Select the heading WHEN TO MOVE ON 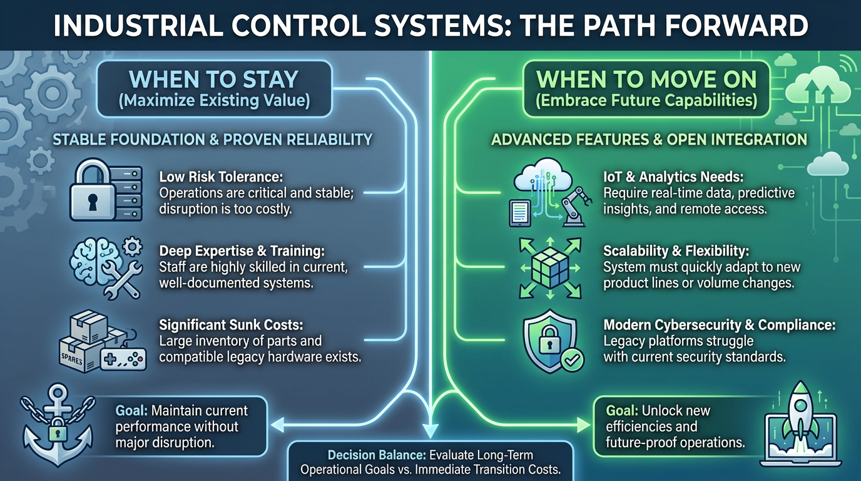coord(647,80)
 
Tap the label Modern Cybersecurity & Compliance coord(720,325)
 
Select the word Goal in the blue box coord(130,411)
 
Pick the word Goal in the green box coord(621,411)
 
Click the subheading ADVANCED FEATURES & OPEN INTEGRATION coord(649,139)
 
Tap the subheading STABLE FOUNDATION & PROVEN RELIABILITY coord(213,139)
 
